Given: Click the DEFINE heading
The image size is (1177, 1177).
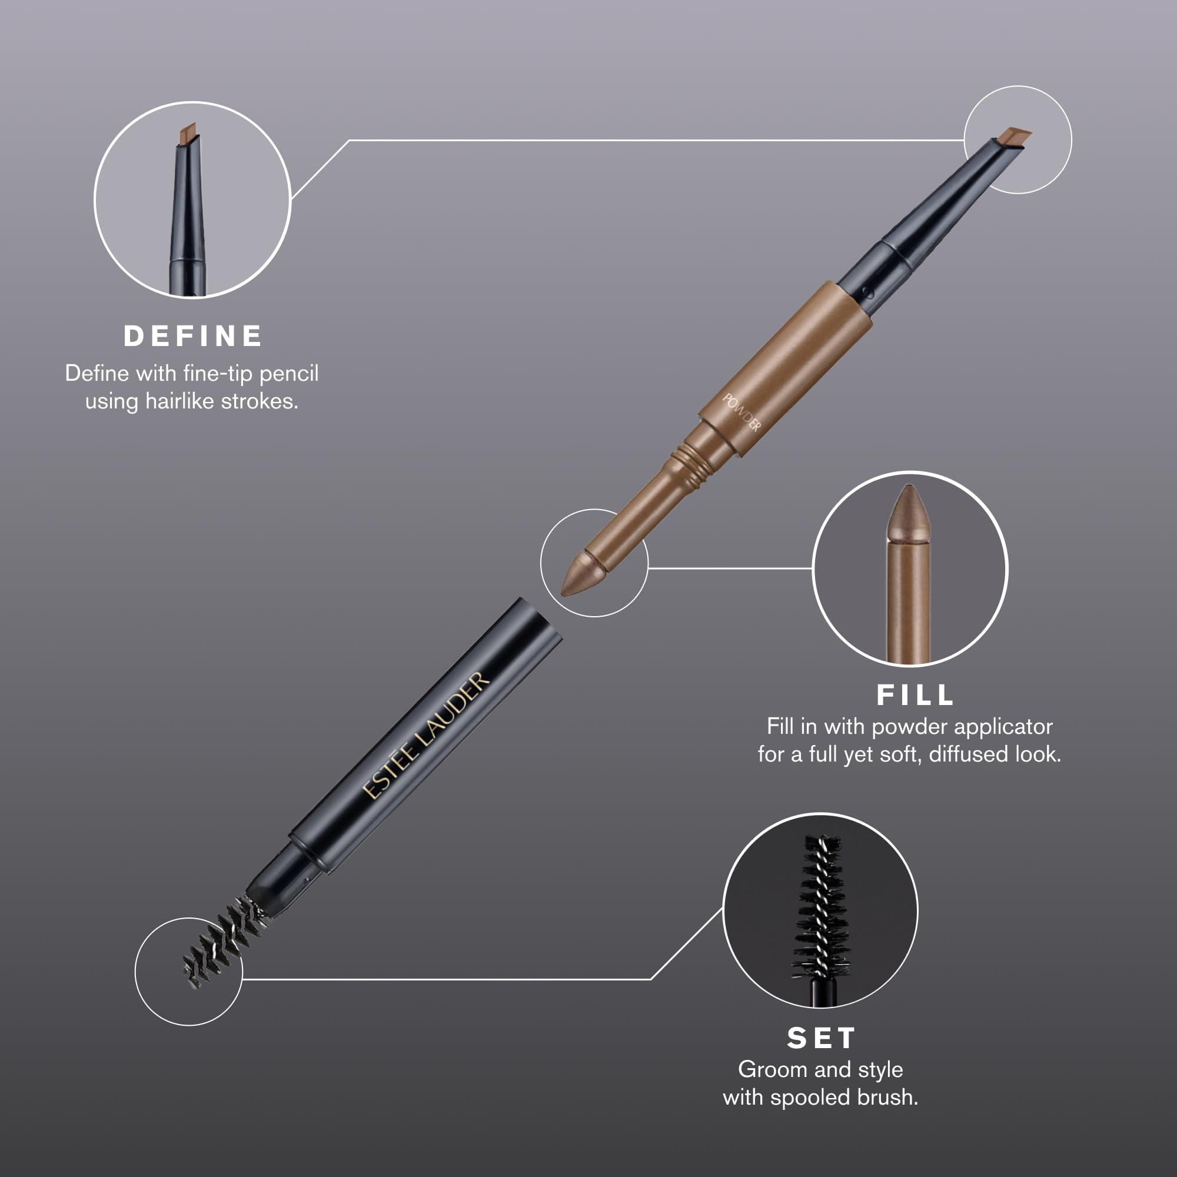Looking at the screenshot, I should (193, 336).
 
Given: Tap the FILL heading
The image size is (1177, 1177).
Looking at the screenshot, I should (915, 695).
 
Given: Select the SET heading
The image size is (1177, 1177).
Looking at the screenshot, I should (821, 1038).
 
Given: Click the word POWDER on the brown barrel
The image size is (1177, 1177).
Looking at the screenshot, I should (742, 413).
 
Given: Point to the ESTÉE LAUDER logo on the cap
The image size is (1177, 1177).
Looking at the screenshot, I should (427, 734).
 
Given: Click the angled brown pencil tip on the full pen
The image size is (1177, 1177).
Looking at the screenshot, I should (1015, 137).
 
